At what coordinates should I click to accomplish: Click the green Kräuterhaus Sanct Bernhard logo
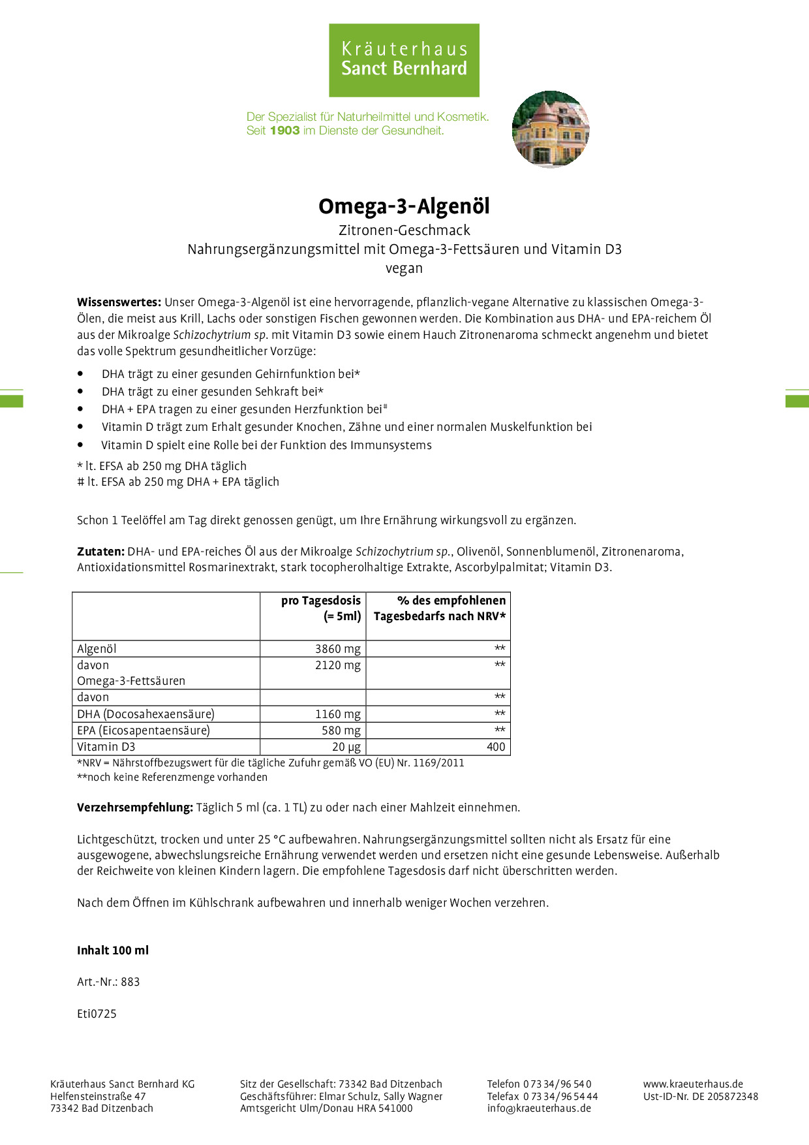[x=404, y=60]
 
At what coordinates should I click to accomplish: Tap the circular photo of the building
[x=551, y=129]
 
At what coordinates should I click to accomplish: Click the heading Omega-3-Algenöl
[x=404, y=206]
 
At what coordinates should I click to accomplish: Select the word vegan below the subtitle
[x=404, y=268]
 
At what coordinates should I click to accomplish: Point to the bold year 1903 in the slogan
[x=284, y=131]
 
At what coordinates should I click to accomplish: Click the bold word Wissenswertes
[x=119, y=302]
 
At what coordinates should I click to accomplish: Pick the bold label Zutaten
[x=100, y=552]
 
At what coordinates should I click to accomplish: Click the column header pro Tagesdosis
[x=320, y=601]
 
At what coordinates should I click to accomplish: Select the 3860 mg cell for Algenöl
[x=337, y=649]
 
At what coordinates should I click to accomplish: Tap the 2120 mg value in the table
[x=337, y=665]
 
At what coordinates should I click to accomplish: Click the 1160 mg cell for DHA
[x=337, y=714]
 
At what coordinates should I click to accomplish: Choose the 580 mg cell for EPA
[x=341, y=730]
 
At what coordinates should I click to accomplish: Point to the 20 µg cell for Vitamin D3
[x=346, y=747]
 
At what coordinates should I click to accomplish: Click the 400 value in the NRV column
[x=496, y=747]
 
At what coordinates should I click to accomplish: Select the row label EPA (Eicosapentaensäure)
[x=144, y=730]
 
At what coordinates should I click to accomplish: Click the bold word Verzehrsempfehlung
[x=134, y=808]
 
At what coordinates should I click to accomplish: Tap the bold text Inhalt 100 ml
[x=113, y=950]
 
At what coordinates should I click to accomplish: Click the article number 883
[x=130, y=982]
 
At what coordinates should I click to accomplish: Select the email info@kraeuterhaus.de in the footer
[x=539, y=1108]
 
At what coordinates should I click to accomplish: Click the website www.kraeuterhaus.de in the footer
[x=693, y=1084]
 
